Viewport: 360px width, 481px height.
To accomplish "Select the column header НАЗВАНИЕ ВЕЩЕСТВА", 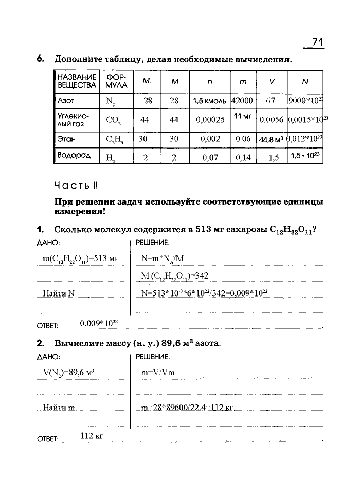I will click(77, 81).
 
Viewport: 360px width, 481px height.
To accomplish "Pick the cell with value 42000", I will click(242, 101).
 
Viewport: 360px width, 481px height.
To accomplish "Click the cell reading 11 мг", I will click(242, 117).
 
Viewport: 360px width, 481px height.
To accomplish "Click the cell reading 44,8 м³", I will click(272, 139).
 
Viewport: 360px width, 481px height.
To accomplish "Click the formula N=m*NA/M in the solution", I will click(163, 259).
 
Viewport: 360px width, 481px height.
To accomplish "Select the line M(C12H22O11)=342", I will click(174, 276).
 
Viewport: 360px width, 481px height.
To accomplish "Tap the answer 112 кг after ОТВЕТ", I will click(93, 436).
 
